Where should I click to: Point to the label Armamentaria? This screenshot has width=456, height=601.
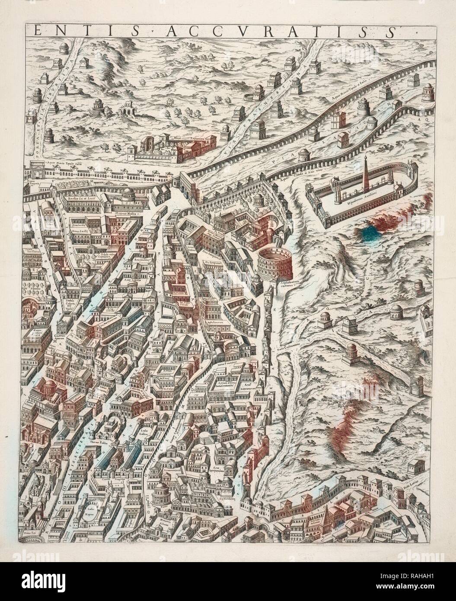[171, 470]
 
